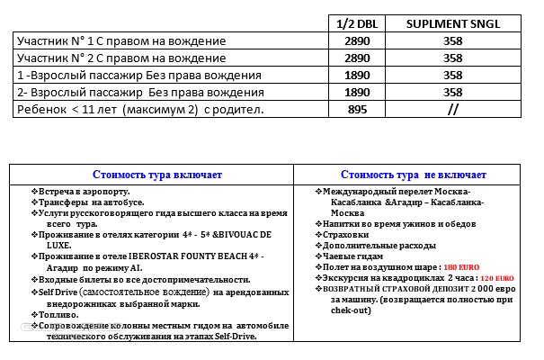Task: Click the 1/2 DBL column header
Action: (358, 23)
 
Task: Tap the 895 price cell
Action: (358, 109)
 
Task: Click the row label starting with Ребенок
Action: (140, 109)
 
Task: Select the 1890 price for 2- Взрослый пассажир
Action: (358, 92)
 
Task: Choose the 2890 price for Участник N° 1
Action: (358, 40)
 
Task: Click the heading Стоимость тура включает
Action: (153, 175)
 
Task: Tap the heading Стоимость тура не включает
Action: (414, 175)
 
